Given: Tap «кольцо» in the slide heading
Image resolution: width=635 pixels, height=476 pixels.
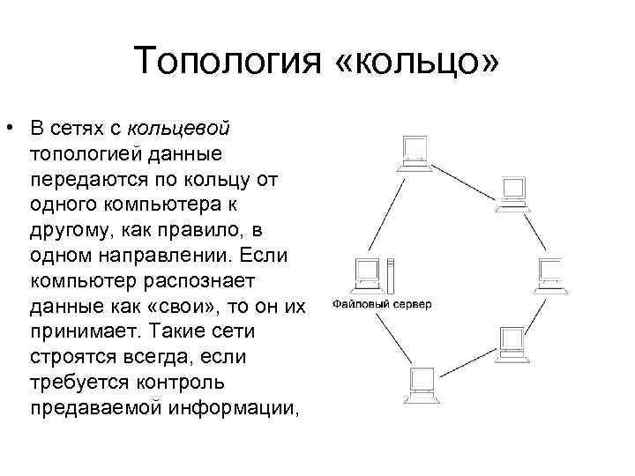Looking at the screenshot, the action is [416, 63].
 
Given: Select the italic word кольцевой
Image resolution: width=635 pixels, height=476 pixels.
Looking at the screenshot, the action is [178, 129].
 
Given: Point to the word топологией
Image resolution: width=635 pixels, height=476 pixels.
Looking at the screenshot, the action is [77, 154].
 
